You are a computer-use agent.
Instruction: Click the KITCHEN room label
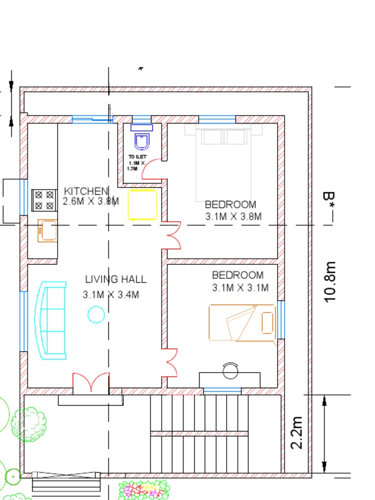pos(86,191)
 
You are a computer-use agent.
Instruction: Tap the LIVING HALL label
pos(116,279)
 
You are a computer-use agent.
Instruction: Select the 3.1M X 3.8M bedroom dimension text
pos(233,217)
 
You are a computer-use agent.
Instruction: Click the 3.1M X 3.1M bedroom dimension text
pos(240,288)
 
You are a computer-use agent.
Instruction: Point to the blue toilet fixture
pos(142,139)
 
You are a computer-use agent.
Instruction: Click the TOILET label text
pos(137,157)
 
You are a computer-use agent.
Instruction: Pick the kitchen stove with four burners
pos(44,200)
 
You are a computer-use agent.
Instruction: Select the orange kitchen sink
pos(48,230)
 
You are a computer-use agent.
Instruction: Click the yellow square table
pos(143,205)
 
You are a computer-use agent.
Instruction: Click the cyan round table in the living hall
pos(96,314)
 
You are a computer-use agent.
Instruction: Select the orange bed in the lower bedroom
pos(242,323)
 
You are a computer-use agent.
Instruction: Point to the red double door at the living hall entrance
pos(91,383)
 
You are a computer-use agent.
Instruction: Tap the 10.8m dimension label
pos(331,282)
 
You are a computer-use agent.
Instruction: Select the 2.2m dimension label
pos(296,432)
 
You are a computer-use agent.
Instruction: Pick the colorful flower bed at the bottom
pos(144,490)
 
